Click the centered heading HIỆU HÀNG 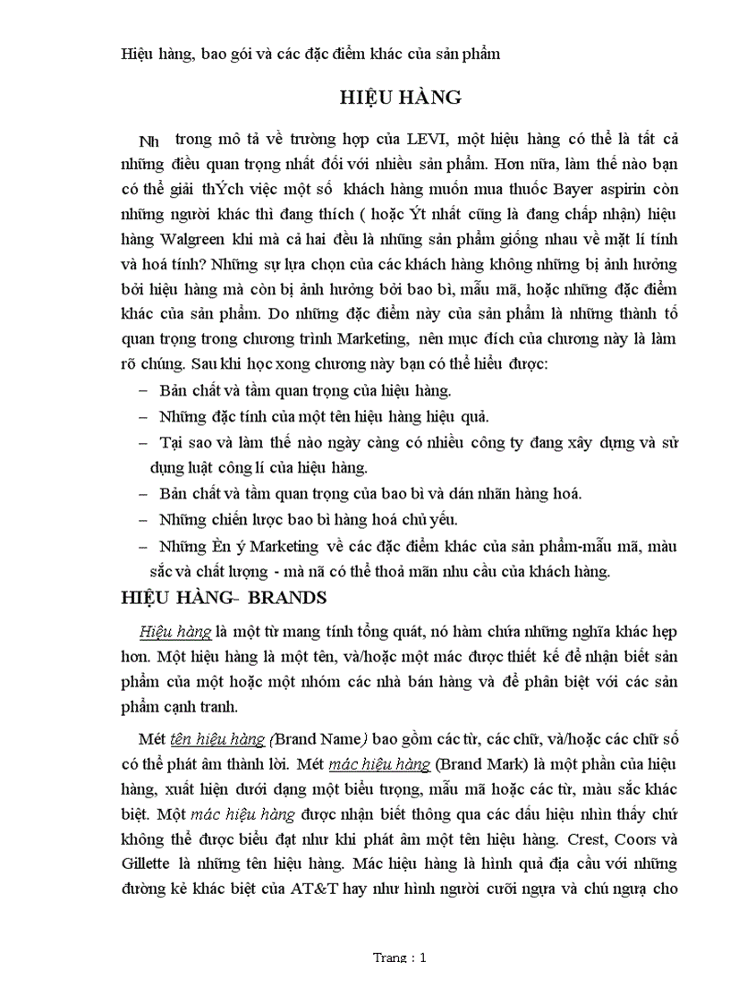400,98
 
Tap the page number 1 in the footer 423,958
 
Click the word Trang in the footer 390,958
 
